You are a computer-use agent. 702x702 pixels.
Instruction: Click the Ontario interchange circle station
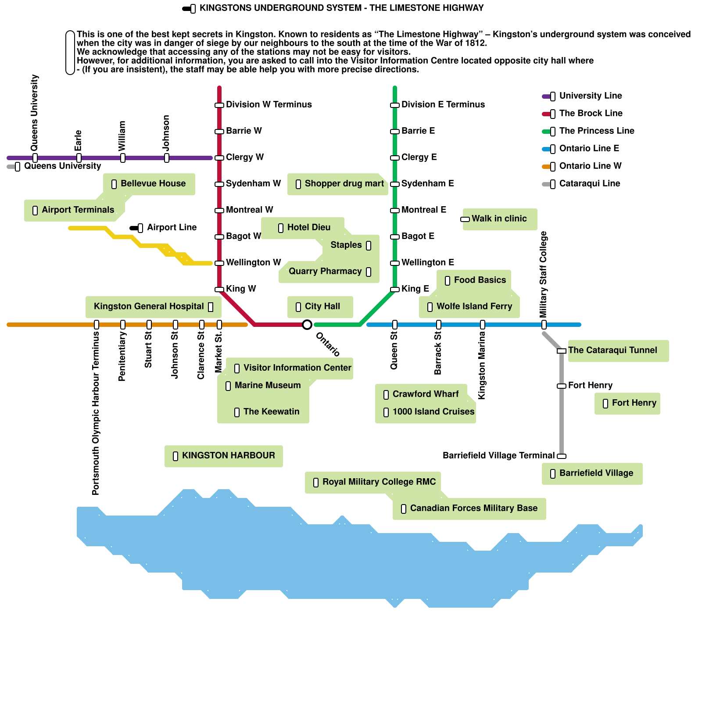[307, 325]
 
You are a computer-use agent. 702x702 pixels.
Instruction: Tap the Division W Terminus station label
[269, 104]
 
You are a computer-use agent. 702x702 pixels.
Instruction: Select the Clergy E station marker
[395, 158]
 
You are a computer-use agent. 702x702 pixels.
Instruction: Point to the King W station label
[241, 289]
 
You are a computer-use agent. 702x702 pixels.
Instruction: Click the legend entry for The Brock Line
[591, 113]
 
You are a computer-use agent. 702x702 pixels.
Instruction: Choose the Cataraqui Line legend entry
[589, 183]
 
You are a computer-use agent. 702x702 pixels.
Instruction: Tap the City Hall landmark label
[322, 306]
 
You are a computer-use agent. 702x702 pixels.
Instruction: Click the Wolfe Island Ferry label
[474, 306]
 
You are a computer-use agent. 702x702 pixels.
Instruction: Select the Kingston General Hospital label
[149, 306]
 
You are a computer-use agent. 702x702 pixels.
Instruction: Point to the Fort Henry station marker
[562, 386]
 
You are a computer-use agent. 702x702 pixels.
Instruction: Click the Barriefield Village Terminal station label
[498, 455]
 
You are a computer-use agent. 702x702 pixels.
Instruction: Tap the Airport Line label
[172, 227]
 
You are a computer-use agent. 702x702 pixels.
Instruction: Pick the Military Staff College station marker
[544, 325]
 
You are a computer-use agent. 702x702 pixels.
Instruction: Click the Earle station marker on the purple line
[79, 158]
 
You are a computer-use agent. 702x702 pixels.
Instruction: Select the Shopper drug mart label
[344, 183]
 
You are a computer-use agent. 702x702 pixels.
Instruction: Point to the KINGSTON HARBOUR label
[228, 455]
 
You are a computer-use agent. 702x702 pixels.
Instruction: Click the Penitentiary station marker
[123, 325]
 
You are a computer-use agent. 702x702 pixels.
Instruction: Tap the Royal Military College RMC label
[379, 482]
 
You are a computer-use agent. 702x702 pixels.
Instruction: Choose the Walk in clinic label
[499, 218]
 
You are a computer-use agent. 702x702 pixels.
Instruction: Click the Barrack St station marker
[439, 325]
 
